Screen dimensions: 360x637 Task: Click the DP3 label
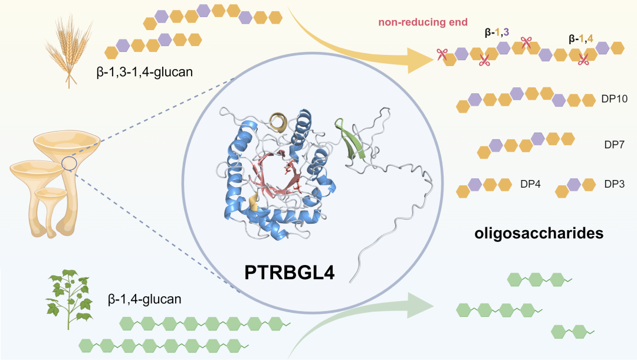pyautogui.click(x=616, y=184)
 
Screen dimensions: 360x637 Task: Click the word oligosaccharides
pyautogui.click(x=539, y=233)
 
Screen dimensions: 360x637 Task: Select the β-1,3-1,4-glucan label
pyautogui.click(x=146, y=72)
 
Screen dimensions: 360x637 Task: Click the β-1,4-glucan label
pyautogui.click(x=145, y=299)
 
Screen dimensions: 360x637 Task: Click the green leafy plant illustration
pyautogui.click(x=69, y=297)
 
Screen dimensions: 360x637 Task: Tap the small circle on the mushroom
pyautogui.click(x=69, y=162)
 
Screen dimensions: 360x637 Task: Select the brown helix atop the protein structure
pyautogui.click(x=277, y=121)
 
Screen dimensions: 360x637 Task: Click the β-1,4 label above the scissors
pyautogui.click(x=580, y=39)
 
